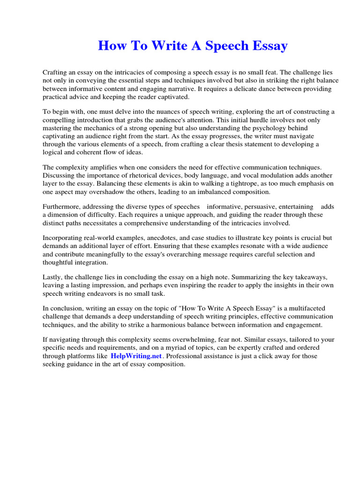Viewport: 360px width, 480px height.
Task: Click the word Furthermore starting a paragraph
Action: pos(63,207)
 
